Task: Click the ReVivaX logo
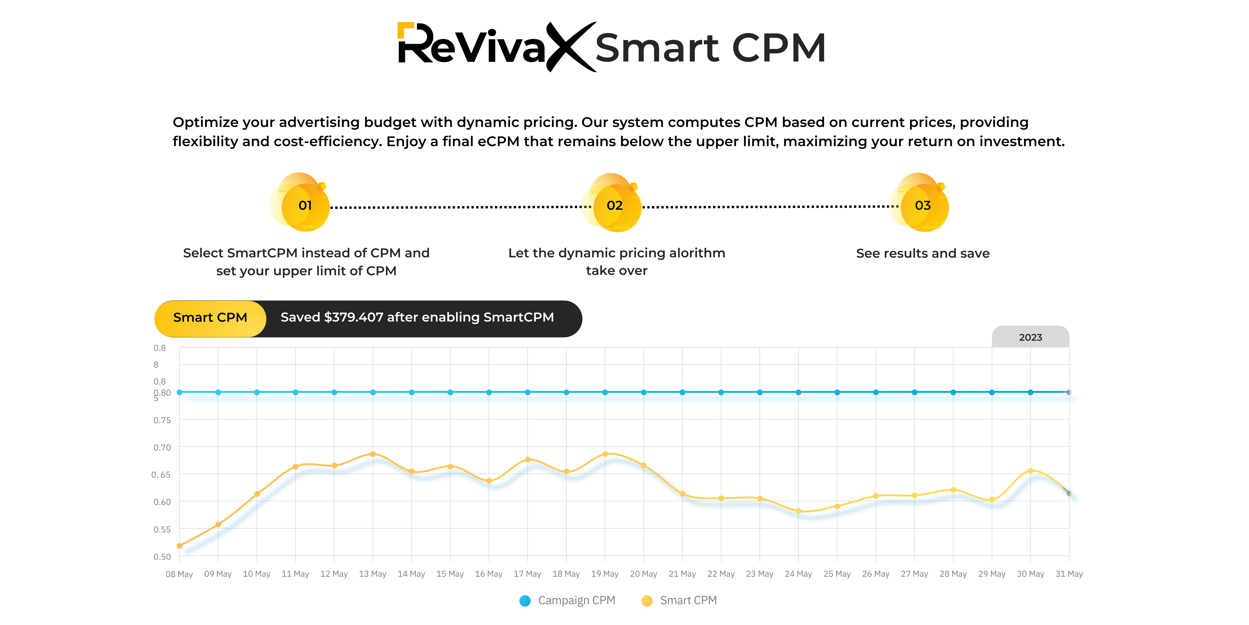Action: [495, 47]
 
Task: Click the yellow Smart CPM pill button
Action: [210, 318]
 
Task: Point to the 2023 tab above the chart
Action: [1030, 337]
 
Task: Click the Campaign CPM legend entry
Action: [567, 601]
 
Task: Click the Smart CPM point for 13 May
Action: [373, 454]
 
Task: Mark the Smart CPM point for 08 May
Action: [179, 546]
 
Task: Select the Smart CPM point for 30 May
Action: [1030, 471]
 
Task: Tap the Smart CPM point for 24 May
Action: [799, 511]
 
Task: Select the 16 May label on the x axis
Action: [489, 574]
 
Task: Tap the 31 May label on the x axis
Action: [1069, 574]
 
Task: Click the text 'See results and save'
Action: [923, 253]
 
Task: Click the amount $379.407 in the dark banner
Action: [353, 317]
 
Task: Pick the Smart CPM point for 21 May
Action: [682, 494]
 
